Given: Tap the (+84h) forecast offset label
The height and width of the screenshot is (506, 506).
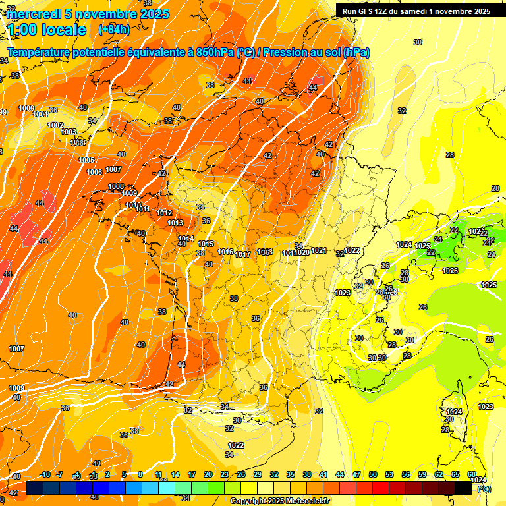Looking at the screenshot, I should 113,30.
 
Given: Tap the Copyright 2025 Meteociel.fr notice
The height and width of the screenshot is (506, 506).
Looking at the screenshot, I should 279,501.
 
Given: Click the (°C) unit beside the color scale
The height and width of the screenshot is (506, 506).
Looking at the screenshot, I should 483,490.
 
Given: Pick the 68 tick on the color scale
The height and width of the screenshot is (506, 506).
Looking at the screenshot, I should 472,474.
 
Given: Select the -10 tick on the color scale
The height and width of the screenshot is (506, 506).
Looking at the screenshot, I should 45,474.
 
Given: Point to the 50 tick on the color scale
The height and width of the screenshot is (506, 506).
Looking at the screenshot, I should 373,474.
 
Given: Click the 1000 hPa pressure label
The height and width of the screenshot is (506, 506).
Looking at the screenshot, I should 26,108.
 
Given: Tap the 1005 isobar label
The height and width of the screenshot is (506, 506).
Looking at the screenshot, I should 86,160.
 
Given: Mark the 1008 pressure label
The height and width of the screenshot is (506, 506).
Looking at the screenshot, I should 116,186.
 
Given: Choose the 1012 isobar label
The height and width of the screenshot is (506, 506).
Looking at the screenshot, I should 165,213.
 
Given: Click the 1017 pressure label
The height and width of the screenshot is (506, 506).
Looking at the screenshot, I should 242,254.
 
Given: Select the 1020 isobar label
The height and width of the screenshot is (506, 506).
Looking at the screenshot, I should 302,252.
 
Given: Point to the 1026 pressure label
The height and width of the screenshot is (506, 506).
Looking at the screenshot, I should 450,271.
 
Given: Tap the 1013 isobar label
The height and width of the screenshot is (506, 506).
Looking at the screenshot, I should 175,223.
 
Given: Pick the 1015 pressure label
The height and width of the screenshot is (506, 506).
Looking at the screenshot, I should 206,244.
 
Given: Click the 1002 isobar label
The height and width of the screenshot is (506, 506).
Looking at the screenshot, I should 55,125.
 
